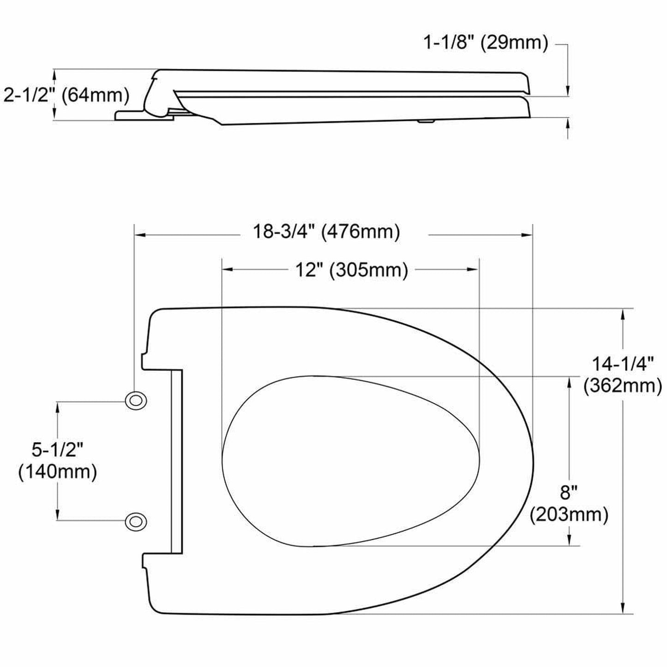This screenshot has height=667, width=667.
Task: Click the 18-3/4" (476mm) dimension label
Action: [x=326, y=232]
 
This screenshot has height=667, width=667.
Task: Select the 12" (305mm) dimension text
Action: [x=352, y=270]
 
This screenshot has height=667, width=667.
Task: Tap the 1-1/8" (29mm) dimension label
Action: [x=485, y=43]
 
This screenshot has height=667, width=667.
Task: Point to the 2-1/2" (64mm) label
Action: [x=66, y=96]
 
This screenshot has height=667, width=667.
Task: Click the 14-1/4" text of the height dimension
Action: [x=623, y=364]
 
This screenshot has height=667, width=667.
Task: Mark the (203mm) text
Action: [x=569, y=514]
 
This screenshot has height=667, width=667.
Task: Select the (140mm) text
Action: [x=57, y=472]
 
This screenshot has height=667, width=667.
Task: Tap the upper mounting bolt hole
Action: [x=135, y=401]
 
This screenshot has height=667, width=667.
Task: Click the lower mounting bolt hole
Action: [x=135, y=522]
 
